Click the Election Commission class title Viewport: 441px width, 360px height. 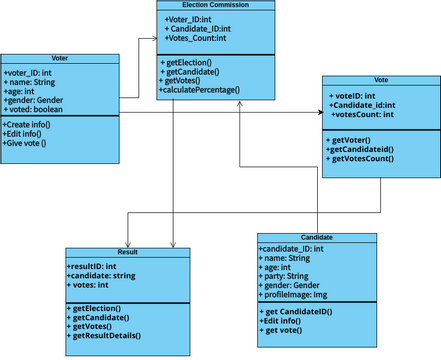216,5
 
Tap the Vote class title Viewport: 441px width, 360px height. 378,79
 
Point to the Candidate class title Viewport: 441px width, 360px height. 316,238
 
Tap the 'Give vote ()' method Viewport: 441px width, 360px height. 31,143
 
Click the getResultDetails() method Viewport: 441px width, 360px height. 113,336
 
